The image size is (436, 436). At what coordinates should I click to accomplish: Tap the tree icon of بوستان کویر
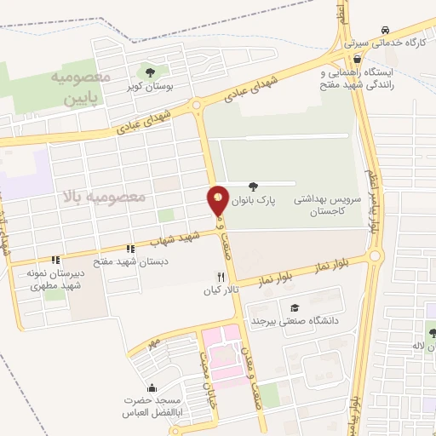(151, 72)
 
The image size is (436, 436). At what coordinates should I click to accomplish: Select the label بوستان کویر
(144, 87)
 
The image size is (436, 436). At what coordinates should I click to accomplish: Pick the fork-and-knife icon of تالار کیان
(221, 277)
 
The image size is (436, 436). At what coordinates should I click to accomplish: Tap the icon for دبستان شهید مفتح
(129, 249)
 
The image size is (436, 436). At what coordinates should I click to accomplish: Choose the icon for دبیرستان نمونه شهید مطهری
(55, 260)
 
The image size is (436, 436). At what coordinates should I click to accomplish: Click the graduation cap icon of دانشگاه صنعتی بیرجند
(295, 307)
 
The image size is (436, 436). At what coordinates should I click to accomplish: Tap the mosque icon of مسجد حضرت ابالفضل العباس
(152, 387)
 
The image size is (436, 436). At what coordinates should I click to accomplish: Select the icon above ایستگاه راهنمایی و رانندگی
(356, 60)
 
